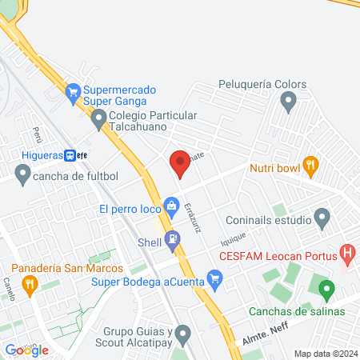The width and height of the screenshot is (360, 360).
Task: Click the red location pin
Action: pos(180,163)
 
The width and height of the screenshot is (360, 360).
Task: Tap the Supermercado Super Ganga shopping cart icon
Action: pos(74,91)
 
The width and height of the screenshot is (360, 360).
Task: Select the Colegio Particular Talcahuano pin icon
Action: pos(99,121)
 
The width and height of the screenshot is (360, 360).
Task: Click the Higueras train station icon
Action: pos(71,155)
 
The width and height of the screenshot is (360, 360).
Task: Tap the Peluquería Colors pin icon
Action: pos(289,102)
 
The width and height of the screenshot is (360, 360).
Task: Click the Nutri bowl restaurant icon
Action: pos(311,166)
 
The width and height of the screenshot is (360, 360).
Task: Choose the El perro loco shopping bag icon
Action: pos(170,206)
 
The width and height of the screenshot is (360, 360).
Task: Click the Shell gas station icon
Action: pos(171,238)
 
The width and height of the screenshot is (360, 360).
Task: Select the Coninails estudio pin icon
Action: pos(322,216)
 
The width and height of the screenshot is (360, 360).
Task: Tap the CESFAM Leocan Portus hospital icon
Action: pos(347,256)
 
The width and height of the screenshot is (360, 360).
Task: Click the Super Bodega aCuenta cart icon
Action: pos(214,278)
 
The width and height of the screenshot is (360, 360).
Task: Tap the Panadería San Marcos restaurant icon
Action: pos(30,283)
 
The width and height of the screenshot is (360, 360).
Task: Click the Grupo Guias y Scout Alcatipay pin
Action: pos(183,332)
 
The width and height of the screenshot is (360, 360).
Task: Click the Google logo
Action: pos(26,350)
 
